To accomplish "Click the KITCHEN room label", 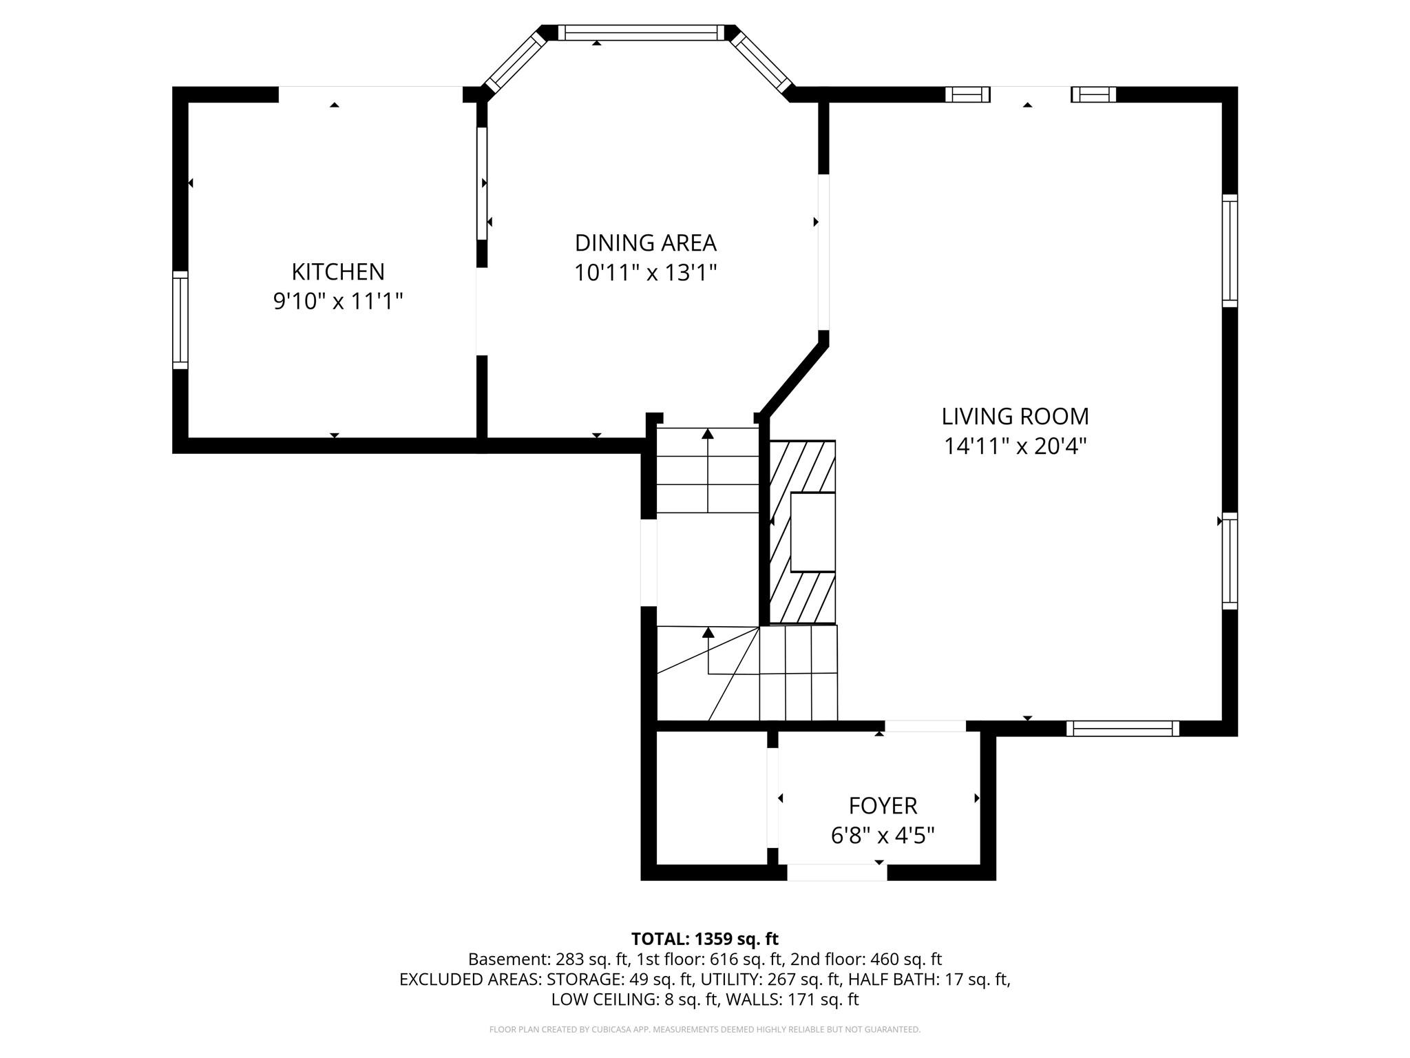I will [x=337, y=271].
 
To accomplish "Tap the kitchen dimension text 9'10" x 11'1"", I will [x=337, y=301].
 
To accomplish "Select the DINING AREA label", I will [x=645, y=243].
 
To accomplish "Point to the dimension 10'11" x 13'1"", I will [x=645, y=273].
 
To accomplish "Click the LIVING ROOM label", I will [x=1015, y=417].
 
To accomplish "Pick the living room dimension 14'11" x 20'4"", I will [x=1015, y=446].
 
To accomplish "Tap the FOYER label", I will [x=882, y=805].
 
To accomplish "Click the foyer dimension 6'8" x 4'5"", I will [x=882, y=836].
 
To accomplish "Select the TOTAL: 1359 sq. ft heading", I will [x=704, y=939].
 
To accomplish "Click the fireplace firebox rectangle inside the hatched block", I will [x=812, y=532].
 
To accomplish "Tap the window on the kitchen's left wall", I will [x=180, y=320].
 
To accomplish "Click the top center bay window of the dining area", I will [x=641, y=32].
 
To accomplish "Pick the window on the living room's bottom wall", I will [x=1122, y=728].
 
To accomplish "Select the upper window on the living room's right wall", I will [x=1230, y=251].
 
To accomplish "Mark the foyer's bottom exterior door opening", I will [x=836, y=872].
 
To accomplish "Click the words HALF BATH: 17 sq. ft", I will [x=928, y=979].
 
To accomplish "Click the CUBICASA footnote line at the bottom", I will [x=704, y=1029].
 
